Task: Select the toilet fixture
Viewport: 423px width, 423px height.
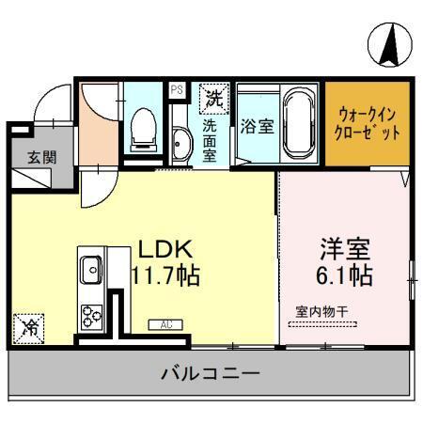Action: click(x=144, y=128)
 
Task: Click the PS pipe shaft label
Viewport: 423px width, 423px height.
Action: click(x=177, y=91)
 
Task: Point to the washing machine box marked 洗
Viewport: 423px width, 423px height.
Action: click(x=213, y=97)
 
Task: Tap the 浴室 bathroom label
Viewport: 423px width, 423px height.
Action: click(x=257, y=126)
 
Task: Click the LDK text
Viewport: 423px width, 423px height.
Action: click(x=166, y=250)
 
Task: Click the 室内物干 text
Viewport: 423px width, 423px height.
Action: click(x=321, y=310)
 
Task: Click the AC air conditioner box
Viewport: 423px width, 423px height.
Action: click(x=164, y=325)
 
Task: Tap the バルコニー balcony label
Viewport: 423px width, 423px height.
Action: click(x=211, y=373)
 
